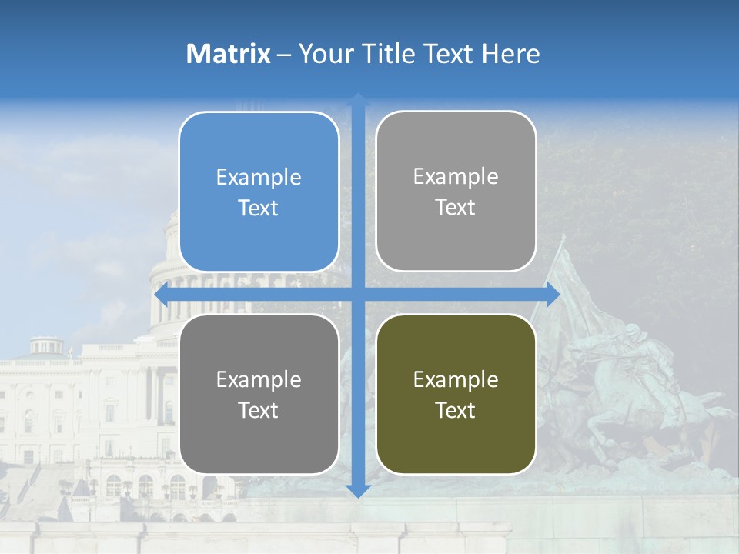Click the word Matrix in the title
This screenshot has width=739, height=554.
click(228, 54)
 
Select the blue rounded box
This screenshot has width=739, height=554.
click(259, 192)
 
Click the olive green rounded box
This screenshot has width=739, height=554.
click(456, 394)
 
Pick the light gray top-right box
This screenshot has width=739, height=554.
click(456, 192)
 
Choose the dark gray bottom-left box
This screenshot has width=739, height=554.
click(259, 394)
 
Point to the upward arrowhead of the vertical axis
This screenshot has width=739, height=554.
click(358, 99)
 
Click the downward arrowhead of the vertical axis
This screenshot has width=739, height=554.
click(358, 490)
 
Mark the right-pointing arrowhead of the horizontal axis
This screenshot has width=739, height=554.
click(553, 295)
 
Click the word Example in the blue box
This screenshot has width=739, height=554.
click(259, 178)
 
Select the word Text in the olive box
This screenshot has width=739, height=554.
click(456, 410)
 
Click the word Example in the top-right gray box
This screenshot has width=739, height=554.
click(456, 177)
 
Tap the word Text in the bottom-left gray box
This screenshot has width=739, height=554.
click(259, 410)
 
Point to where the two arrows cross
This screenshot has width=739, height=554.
click(358, 295)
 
